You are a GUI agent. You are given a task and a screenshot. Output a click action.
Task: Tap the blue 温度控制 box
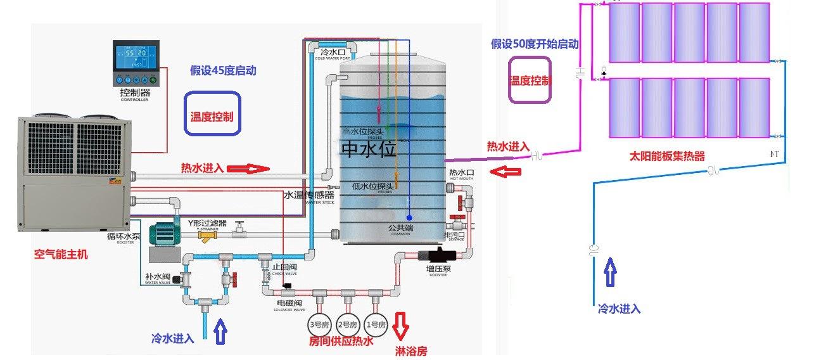click(212, 113)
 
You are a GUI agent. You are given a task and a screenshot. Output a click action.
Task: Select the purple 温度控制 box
click(530, 80)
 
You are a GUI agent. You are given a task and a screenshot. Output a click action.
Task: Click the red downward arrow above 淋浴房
click(401, 325)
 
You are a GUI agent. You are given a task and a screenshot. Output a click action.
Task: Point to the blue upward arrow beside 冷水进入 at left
click(220, 331)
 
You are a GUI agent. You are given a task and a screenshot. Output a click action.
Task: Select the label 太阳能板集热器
click(666, 156)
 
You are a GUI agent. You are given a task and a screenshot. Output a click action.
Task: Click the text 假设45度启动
click(223, 70)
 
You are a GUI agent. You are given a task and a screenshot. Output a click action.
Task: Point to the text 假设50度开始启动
click(535, 44)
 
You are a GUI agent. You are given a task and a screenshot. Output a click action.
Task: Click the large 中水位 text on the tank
click(369, 148)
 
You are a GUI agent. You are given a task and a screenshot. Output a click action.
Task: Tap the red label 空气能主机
click(61, 254)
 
